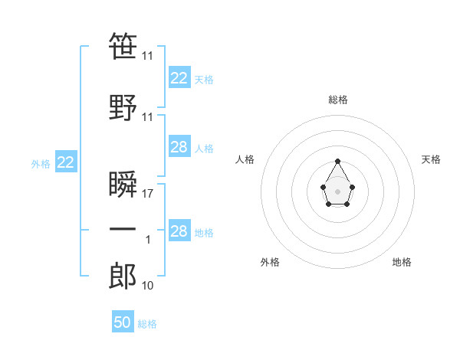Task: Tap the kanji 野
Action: coord(123,106)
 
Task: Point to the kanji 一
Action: coord(123,229)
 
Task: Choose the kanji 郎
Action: coord(123,276)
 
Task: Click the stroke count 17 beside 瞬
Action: coord(148,194)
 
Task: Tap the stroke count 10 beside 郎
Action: coord(148,286)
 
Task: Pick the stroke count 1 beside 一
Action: coord(148,240)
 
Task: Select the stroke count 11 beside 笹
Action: coord(148,56)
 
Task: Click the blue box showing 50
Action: coord(123,322)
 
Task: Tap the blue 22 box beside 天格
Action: coord(179,78)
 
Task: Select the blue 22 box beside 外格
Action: coord(66,162)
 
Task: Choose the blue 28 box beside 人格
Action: coord(179,147)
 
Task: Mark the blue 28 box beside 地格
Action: coord(179,231)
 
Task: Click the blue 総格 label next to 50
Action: coord(147,324)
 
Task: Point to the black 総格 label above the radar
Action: coord(338,100)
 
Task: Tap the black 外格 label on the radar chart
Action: coord(270,262)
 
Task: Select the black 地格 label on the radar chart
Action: coord(402,262)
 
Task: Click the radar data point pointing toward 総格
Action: coord(338,161)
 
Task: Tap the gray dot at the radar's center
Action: coord(338,190)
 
